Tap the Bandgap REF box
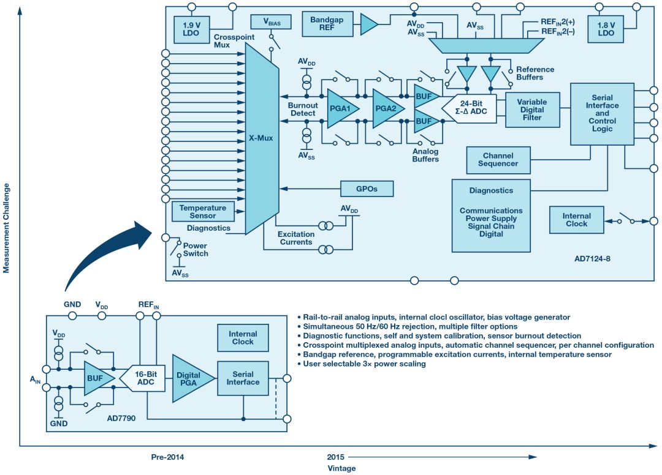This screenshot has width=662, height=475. (327, 24)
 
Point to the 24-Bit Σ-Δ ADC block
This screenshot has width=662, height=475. (473, 108)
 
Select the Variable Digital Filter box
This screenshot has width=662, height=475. (532, 110)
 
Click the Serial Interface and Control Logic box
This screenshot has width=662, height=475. (601, 113)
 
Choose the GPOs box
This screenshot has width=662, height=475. (367, 189)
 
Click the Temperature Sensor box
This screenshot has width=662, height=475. (202, 212)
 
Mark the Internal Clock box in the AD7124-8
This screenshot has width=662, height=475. (576, 220)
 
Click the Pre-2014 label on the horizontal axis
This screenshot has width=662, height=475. (167, 457)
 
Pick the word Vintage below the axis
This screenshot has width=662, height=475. (341, 468)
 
